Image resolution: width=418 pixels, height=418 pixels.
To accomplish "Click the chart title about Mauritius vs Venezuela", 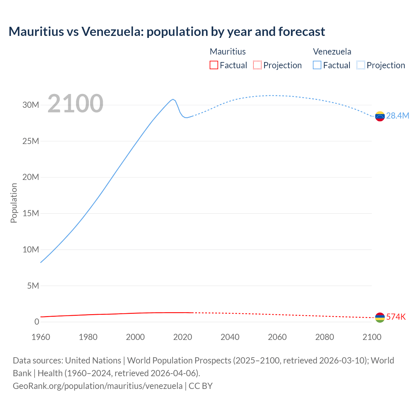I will (167, 32).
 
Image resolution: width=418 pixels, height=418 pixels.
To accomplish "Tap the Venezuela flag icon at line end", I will (380, 116).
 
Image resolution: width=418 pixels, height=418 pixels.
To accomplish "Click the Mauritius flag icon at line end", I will (380, 317).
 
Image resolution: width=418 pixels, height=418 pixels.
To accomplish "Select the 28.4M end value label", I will (397, 116).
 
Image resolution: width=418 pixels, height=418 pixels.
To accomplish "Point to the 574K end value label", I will (396, 317).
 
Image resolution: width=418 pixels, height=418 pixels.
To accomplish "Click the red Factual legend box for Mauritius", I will (214, 65).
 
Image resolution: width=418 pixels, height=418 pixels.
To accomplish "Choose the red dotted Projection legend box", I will (257, 65).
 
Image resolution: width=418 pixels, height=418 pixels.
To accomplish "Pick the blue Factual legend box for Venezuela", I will (317, 65).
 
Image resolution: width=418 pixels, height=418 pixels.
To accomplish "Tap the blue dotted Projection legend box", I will (361, 65).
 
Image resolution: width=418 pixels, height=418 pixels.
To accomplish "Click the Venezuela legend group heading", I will (332, 52).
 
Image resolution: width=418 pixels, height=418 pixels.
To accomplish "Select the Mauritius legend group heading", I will (228, 52).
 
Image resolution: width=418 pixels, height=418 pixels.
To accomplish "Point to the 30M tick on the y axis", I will (31, 105).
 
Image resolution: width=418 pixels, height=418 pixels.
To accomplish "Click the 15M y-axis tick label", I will (31, 213).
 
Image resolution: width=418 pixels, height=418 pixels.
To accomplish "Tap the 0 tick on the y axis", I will (37, 322).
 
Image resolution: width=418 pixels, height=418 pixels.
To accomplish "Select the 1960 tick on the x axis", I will (41, 337).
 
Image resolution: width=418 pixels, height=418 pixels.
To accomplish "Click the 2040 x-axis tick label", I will (230, 337).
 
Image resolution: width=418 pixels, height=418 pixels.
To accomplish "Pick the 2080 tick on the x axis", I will (325, 337).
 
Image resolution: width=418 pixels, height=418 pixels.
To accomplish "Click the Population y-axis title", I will (14, 203).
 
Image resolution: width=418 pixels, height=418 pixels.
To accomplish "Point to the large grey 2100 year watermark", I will (75, 104).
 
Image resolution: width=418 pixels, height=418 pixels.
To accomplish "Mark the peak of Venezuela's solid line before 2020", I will (173, 99).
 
